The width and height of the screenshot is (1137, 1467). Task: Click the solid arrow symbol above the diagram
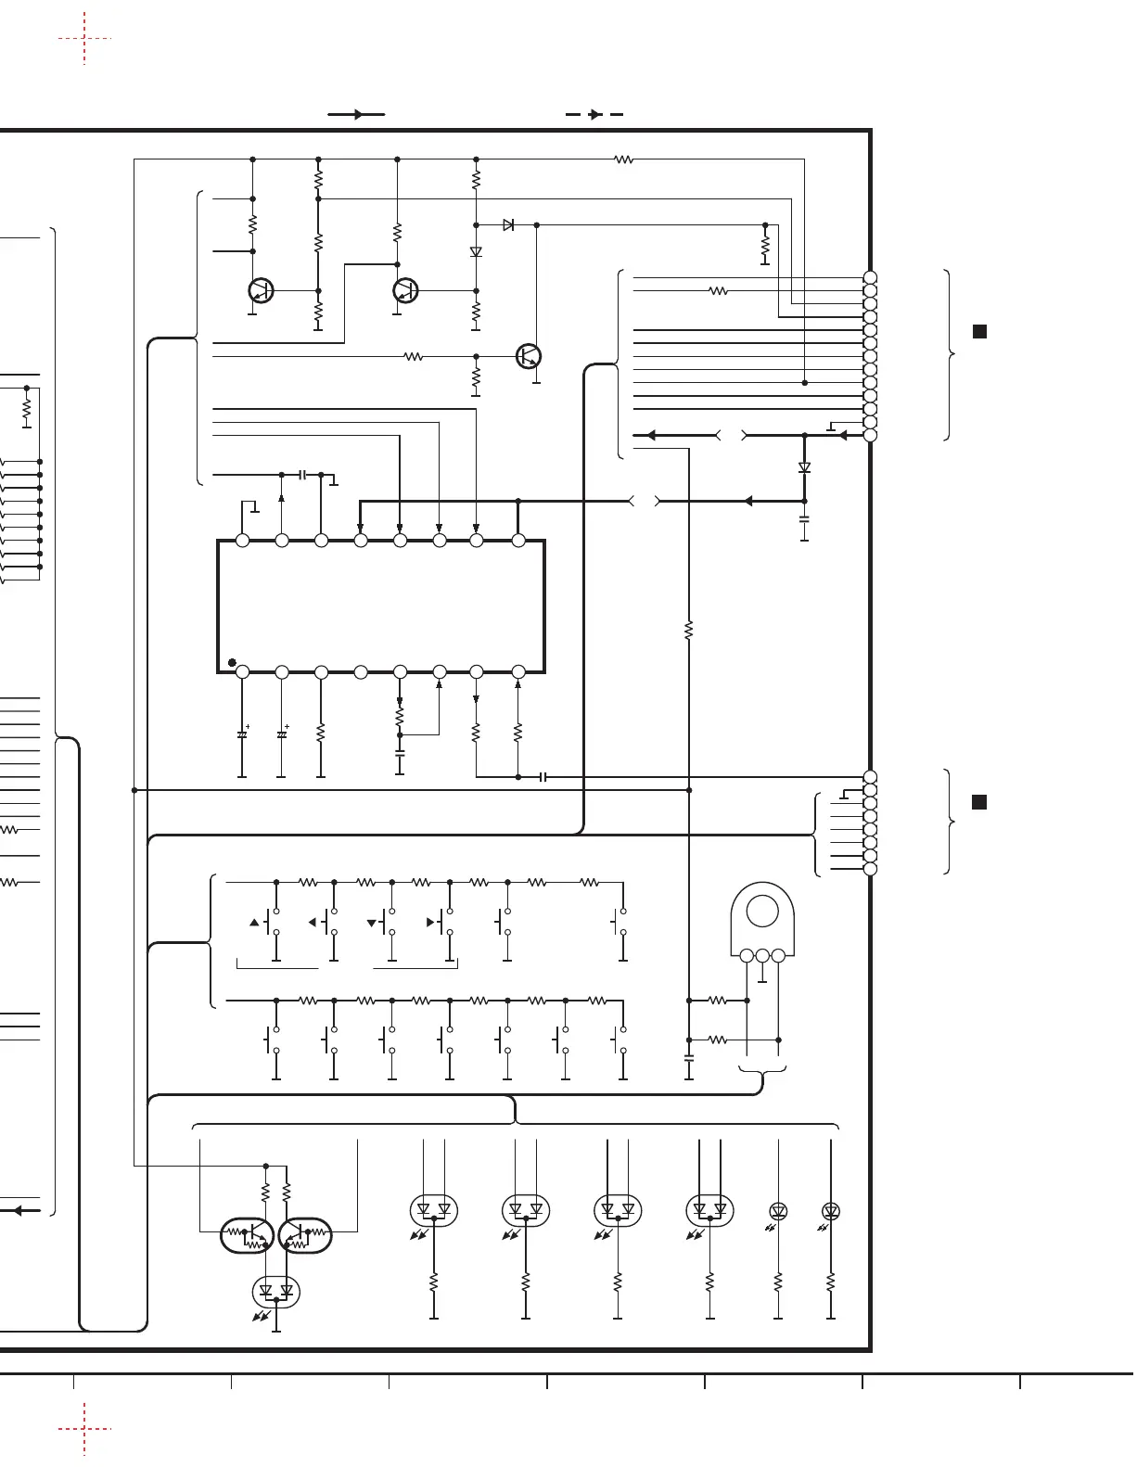[356, 114]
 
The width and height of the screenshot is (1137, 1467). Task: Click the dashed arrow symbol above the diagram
[594, 114]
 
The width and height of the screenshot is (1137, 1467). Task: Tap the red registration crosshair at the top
[84, 38]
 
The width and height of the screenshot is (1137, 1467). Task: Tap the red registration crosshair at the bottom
[84, 1429]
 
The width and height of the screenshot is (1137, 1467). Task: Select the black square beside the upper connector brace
[978, 331]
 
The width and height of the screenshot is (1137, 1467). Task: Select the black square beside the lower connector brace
[978, 802]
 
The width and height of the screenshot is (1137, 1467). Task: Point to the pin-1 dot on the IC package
[231, 662]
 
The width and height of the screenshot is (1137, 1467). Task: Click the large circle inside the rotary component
[762, 911]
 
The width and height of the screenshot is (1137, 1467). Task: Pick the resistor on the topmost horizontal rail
[624, 159]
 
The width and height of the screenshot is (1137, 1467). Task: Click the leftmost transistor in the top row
[261, 290]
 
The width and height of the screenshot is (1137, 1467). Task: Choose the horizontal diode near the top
[508, 224]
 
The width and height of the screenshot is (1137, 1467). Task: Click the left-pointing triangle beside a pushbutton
[313, 923]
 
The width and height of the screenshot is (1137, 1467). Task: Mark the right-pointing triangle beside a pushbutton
[430, 923]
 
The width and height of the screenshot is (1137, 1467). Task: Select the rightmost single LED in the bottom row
[831, 1211]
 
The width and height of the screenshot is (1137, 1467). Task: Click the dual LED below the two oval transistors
[276, 1291]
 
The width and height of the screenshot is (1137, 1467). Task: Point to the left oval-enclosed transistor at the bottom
[247, 1235]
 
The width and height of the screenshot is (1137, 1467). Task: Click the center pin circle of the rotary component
[762, 955]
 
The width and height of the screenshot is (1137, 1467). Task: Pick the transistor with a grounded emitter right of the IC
[528, 355]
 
